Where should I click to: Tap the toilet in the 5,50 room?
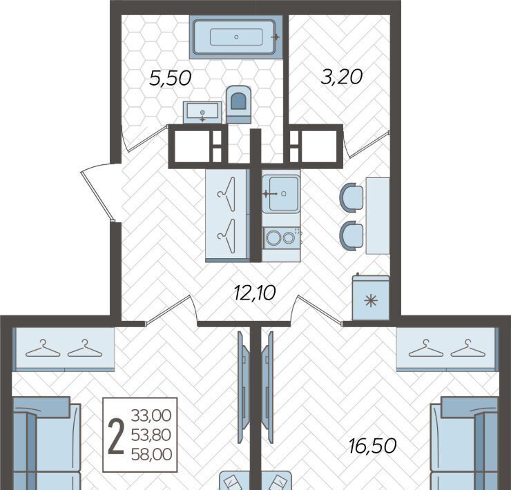(239, 105)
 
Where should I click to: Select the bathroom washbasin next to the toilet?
(202, 112)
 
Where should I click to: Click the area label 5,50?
(170, 79)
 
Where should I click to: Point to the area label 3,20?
(342, 77)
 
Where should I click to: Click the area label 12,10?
(255, 292)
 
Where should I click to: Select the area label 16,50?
(372, 446)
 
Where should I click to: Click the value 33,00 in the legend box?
(151, 415)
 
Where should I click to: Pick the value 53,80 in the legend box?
(151, 435)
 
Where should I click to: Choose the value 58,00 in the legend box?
(151, 455)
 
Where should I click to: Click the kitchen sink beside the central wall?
(281, 194)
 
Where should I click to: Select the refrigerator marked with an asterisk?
(371, 297)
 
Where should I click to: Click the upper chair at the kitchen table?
(351, 197)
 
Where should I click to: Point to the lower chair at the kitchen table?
(351, 235)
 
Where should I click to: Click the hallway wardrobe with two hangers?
(227, 215)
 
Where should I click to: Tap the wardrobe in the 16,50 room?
(447, 349)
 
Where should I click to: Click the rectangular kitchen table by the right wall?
(378, 216)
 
